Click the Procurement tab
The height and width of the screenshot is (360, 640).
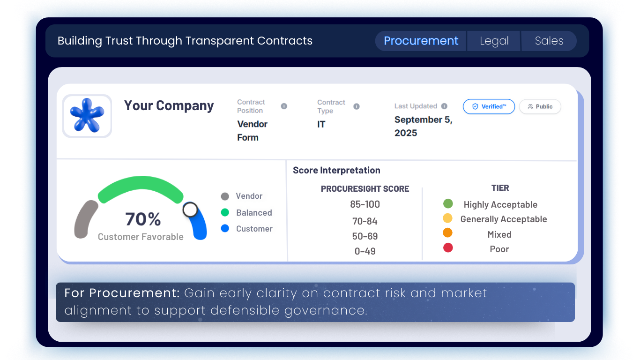(x=421, y=41)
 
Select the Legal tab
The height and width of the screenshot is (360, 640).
(x=494, y=41)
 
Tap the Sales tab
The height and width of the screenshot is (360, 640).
(x=549, y=41)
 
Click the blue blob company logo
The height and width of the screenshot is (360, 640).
(x=87, y=116)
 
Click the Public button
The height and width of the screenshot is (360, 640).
(x=540, y=106)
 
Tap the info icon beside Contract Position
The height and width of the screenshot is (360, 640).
(x=284, y=106)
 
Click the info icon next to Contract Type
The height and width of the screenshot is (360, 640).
(x=357, y=106)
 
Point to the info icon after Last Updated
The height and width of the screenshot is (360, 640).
(x=444, y=106)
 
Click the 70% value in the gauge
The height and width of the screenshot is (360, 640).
(x=143, y=219)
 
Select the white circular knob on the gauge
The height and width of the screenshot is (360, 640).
(x=190, y=210)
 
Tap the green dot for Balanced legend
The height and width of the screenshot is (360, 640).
(x=225, y=212)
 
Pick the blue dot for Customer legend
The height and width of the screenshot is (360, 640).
(x=225, y=229)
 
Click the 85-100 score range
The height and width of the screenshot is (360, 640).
(x=365, y=204)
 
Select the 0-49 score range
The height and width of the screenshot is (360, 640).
(x=365, y=251)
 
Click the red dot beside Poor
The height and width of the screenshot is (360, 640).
(x=448, y=247)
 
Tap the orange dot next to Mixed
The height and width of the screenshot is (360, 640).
(x=447, y=232)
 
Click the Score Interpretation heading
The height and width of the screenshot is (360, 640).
(x=336, y=170)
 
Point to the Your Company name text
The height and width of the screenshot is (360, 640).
(x=169, y=106)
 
